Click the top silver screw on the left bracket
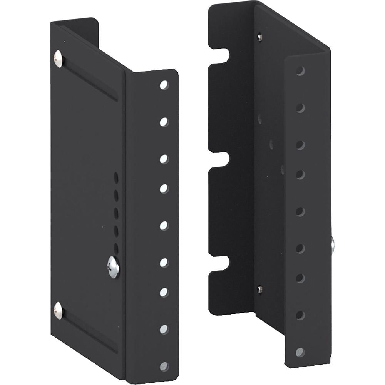click(x=58, y=59)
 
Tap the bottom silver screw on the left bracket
click(x=58, y=310)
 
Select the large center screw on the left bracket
click(x=113, y=266)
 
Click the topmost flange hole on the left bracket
click(x=164, y=85)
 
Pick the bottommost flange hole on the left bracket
click(x=164, y=366)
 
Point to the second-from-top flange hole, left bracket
click(x=164, y=122)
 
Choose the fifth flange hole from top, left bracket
click(x=164, y=226)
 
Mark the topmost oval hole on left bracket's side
click(x=116, y=177)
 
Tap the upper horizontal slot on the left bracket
click(x=90, y=79)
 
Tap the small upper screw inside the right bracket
click(x=260, y=37)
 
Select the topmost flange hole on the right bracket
click(x=300, y=71)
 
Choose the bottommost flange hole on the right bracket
click(x=300, y=352)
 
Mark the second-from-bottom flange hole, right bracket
click(x=300, y=315)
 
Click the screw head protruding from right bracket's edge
click(x=332, y=245)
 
